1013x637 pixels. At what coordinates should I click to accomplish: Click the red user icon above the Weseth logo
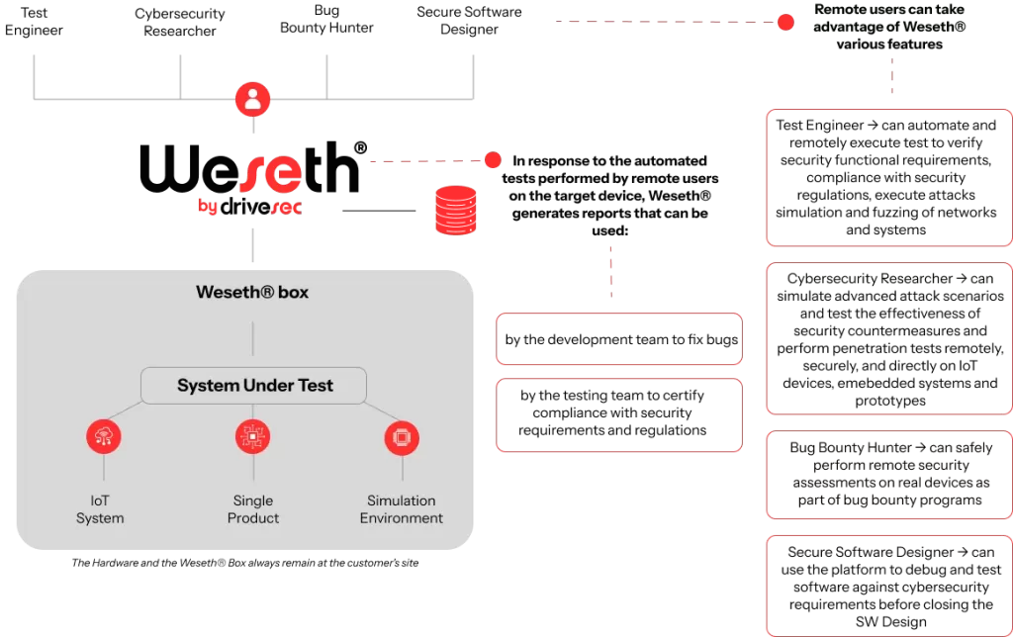pyautogui.click(x=252, y=100)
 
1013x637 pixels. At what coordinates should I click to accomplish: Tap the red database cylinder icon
pyautogui.click(x=455, y=210)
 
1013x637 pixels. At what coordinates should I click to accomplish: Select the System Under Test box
pyautogui.click(x=254, y=386)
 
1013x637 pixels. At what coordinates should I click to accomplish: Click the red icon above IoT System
pyautogui.click(x=103, y=436)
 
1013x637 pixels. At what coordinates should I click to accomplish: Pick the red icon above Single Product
pyautogui.click(x=252, y=437)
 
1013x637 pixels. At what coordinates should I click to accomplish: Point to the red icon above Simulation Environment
pyautogui.click(x=402, y=438)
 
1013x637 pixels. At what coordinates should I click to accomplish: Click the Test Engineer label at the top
pyautogui.click(x=34, y=22)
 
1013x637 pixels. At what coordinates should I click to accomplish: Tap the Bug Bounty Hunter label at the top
pyautogui.click(x=326, y=19)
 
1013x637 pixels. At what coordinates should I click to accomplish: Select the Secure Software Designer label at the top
pyautogui.click(x=469, y=20)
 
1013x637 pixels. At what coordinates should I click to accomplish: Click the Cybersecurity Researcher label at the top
pyautogui.click(x=180, y=22)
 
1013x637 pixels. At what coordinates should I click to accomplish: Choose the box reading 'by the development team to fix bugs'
pyautogui.click(x=619, y=339)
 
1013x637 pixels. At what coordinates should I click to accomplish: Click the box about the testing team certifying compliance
pyautogui.click(x=619, y=414)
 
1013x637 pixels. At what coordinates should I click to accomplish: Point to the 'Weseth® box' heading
pyautogui.click(x=252, y=292)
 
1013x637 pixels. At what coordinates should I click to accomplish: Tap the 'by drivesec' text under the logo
pyautogui.click(x=250, y=206)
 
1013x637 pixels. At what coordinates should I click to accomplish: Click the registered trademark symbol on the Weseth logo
pyautogui.click(x=360, y=148)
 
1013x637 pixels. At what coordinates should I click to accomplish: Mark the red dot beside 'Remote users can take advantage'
pyautogui.click(x=785, y=22)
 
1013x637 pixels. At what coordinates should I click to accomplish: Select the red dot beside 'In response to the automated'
pyautogui.click(x=493, y=159)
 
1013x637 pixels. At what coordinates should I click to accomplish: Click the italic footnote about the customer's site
pyautogui.click(x=245, y=563)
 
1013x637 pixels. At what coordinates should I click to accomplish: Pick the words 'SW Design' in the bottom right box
pyautogui.click(x=891, y=621)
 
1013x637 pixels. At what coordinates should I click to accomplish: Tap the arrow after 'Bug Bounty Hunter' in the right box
pyautogui.click(x=920, y=447)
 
